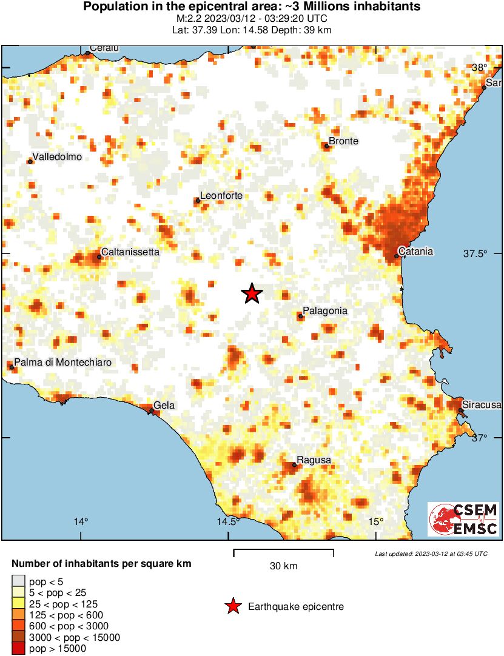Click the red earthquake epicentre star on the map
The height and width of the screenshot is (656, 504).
(252, 293)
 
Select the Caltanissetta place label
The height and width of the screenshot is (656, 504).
(130, 251)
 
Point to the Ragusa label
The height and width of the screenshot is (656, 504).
(314, 460)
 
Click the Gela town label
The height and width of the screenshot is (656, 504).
(164, 405)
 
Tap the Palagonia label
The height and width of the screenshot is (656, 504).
(324, 310)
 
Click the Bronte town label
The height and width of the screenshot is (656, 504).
(343, 141)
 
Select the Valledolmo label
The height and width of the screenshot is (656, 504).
(57, 157)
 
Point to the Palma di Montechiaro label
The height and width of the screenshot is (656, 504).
(63, 363)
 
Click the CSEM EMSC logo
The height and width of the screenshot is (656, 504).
(463, 519)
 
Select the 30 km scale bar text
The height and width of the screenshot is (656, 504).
(283, 566)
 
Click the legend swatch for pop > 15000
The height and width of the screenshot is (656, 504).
(18, 649)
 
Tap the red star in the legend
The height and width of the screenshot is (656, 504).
(232, 606)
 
